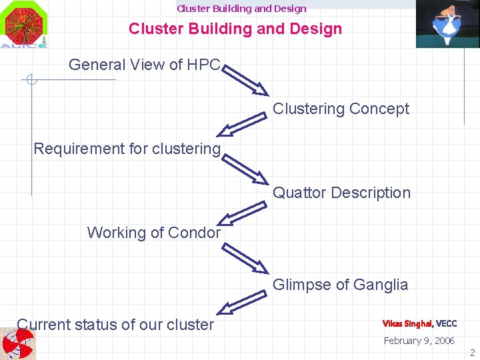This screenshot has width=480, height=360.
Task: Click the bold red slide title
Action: [235, 29]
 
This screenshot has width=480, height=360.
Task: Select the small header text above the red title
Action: [241, 9]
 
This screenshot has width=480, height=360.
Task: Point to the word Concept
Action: [379, 109]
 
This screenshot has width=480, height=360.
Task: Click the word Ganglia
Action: [381, 285]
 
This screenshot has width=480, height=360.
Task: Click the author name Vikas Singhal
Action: [407, 324]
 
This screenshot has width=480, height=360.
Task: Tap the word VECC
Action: [447, 324]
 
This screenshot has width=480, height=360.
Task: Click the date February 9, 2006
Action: [419, 341]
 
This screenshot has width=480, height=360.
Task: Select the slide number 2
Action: [472, 352]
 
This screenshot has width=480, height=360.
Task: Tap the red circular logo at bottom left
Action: [19, 344]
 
